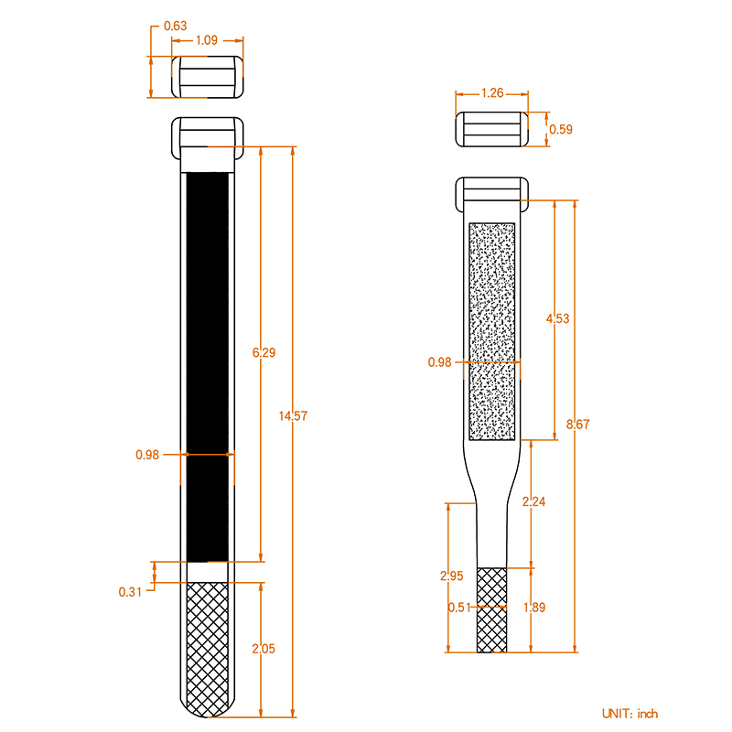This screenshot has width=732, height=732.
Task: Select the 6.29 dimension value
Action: (x=263, y=351)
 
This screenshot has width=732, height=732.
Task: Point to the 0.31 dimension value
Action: (x=130, y=591)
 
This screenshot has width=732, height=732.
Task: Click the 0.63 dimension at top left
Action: (x=176, y=26)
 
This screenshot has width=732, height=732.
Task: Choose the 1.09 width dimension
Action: (x=207, y=40)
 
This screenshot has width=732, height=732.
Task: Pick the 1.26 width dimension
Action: (x=492, y=92)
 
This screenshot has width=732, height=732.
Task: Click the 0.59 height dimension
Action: (x=560, y=129)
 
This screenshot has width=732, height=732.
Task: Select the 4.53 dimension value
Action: (x=557, y=318)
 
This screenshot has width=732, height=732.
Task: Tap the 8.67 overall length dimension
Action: (x=578, y=424)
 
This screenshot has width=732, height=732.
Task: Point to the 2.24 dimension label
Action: (x=533, y=501)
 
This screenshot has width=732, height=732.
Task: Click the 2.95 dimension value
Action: (x=451, y=576)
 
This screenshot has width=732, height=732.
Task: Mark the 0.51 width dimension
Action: (x=459, y=607)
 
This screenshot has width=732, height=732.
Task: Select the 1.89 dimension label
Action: (x=533, y=607)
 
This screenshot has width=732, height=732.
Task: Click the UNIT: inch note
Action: (x=630, y=714)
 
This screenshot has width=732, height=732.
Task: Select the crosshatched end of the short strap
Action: (x=492, y=609)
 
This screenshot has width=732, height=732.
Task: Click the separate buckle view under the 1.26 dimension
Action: (x=492, y=129)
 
